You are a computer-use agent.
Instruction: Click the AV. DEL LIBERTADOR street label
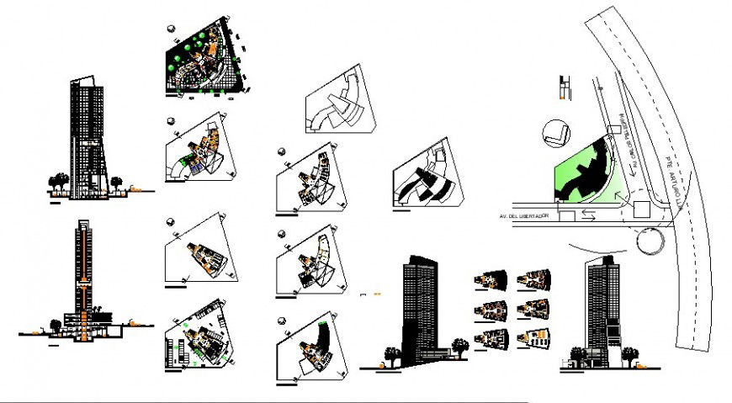[x=521, y=217]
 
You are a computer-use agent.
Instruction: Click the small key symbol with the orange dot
[x=565, y=88]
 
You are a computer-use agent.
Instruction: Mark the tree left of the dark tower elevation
[x=390, y=353]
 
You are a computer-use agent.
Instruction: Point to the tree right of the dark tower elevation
[x=459, y=346]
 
